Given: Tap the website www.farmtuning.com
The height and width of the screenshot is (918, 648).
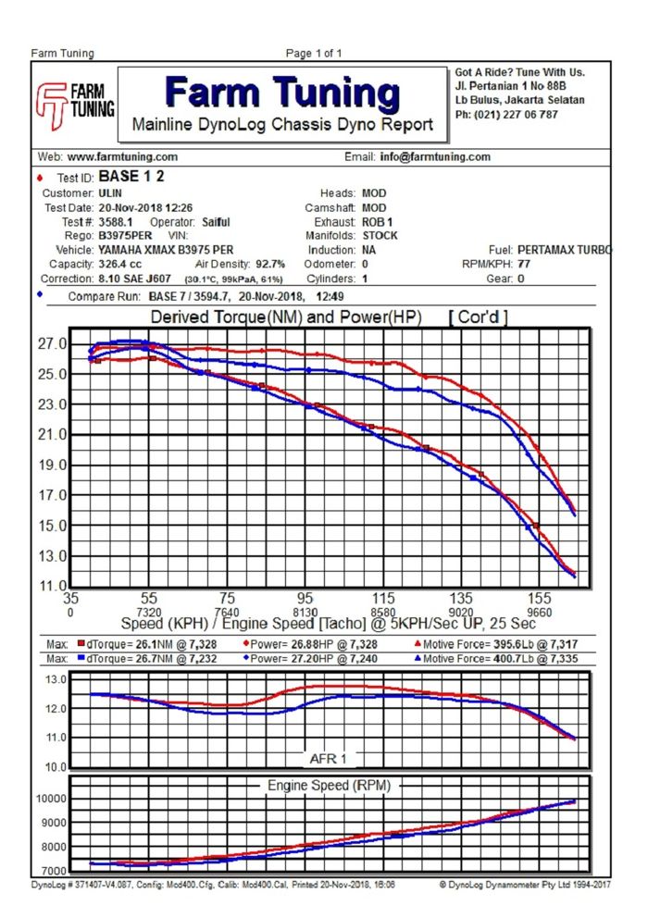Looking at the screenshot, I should point(122,157).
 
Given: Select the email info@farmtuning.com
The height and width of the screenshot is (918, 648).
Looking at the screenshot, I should point(435,157).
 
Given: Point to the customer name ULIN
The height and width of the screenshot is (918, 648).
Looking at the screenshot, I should point(111,193).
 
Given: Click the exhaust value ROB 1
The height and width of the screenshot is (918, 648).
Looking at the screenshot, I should point(377,222).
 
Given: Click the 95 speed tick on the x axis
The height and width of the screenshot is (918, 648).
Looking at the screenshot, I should point(305,598).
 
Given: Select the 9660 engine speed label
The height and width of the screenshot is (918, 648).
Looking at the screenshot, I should point(538,612).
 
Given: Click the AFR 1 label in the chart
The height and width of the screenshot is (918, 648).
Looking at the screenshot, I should point(329,759).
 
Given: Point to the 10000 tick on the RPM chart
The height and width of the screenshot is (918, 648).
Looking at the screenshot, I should point(50,799).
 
